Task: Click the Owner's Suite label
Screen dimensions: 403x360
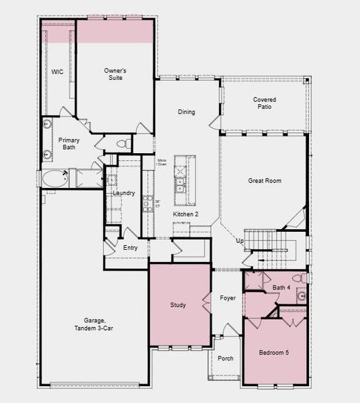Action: [x=115, y=73]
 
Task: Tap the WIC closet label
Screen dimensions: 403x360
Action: [x=57, y=72]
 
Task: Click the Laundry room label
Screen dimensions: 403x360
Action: [x=124, y=193]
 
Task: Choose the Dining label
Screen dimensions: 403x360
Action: [x=186, y=112]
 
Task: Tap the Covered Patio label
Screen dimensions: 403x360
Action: [x=264, y=103]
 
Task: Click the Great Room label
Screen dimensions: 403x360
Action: [x=264, y=181]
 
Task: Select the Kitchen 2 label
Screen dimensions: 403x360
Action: [x=185, y=214]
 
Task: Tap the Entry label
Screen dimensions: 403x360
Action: [x=130, y=248]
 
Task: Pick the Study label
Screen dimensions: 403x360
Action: [x=179, y=305]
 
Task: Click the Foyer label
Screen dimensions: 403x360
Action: [x=228, y=298]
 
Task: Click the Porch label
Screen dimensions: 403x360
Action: [x=226, y=359]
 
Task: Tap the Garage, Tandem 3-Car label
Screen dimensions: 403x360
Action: [x=93, y=324]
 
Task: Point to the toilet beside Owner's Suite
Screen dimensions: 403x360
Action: [x=122, y=143]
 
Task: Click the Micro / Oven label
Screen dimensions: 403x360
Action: [x=162, y=163]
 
